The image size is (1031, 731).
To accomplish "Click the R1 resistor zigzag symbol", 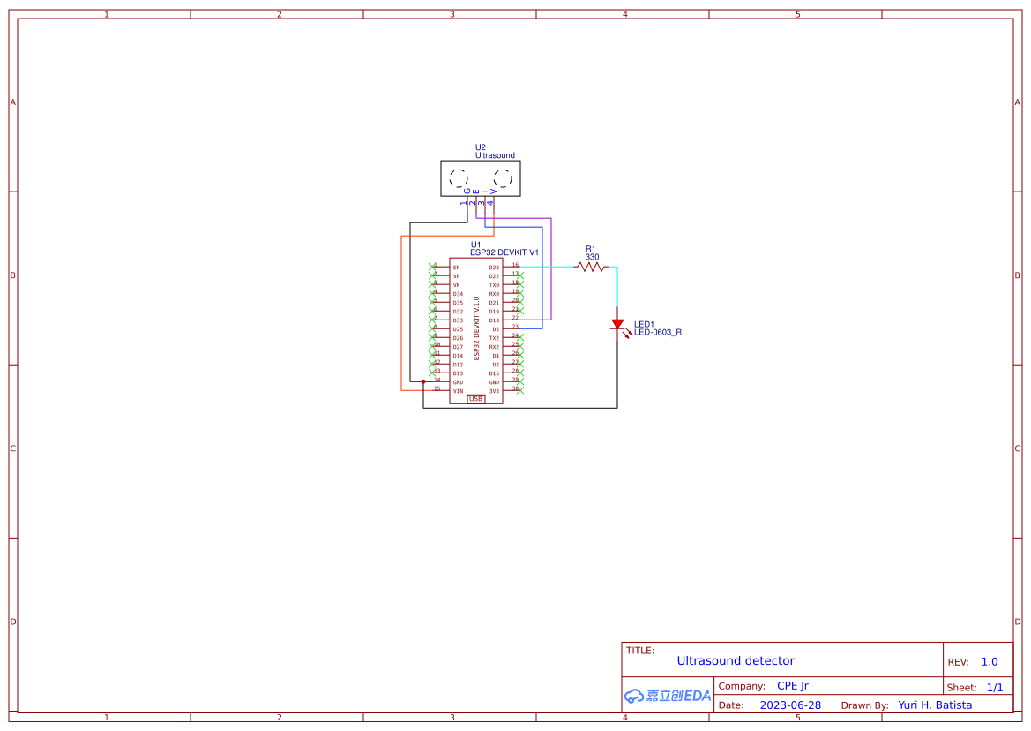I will (592, 267).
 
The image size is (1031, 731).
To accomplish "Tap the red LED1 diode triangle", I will (617, 325).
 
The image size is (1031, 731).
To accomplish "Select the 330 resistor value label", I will (592, 257).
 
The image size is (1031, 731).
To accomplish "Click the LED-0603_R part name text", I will (657, 333).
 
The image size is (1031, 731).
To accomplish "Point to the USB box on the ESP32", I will (475, 399).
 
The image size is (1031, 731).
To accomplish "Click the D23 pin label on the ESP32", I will (494, 268).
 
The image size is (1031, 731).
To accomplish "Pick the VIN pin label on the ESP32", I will (458, 391).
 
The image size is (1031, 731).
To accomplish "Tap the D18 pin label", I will (494, 320).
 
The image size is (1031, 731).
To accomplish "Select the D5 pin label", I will (496, 329).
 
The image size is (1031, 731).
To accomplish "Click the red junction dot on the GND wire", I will (423, 382).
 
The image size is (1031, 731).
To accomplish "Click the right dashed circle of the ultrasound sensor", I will (502, 178).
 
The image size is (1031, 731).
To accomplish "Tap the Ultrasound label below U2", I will (495, 155).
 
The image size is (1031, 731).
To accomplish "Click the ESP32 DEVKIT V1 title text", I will (504, 252).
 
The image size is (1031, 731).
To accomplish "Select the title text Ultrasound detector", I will (735, 660).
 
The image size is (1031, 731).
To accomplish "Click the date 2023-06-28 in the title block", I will (789, 705).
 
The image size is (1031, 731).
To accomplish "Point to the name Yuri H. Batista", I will (935, 705).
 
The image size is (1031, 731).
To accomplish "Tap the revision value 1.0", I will (989, 661).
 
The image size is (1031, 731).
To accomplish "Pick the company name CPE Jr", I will (792, 686).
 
